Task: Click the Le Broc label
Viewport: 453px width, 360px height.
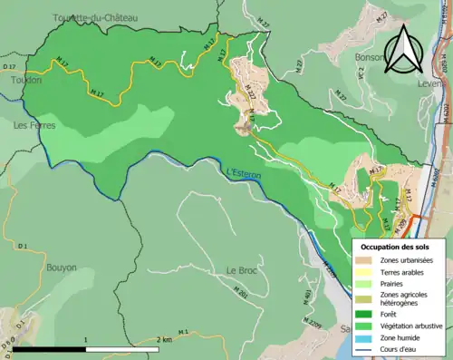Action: (243, 270)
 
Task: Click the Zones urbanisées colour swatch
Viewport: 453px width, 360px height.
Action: (369, 261)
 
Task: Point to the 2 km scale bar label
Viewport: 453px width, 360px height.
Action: (164, 339)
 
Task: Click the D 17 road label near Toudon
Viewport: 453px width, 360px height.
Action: (9, 67)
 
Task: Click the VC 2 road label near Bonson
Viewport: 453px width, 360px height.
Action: (360, 76)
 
